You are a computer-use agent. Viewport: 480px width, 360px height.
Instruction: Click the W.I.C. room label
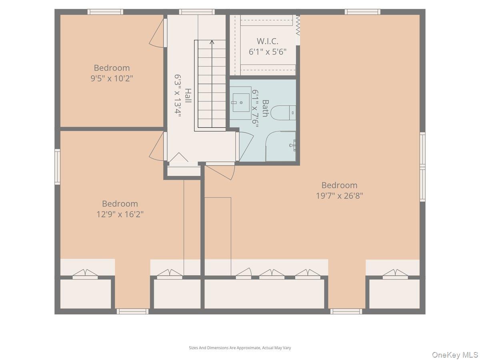point(267,41)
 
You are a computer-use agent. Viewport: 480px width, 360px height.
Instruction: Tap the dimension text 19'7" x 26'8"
point(339,196)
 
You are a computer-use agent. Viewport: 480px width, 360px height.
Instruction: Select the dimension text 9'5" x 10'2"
point(112,78)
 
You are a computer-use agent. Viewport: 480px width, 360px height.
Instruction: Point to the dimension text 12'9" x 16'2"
point(120,214)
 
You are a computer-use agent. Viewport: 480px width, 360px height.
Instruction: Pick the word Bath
point(265,108)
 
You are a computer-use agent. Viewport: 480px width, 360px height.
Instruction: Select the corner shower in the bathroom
point(282,146)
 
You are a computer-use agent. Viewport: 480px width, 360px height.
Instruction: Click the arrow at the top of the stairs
point(212,42)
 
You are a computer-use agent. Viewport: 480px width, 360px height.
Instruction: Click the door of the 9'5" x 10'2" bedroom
point(158,33)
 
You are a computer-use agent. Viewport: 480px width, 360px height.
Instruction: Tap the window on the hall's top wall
point(196,12)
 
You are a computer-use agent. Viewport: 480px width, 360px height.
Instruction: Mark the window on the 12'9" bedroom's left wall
point(57,167)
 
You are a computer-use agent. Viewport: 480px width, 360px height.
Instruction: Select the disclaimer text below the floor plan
point(240,348)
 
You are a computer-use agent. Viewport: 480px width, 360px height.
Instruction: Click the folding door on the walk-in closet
point(298,25)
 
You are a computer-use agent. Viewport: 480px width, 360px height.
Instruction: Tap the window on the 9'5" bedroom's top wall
point(105,12)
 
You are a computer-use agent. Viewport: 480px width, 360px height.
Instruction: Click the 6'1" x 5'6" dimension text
point(267,52)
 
